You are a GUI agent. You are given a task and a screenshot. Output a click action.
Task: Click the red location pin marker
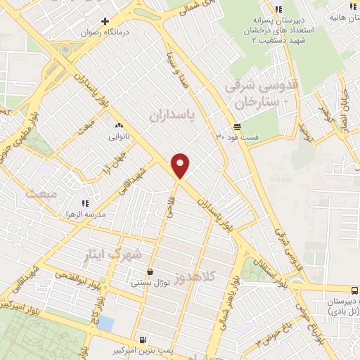[181, 165]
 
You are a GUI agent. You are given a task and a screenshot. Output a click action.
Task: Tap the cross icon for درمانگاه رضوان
[105, 22]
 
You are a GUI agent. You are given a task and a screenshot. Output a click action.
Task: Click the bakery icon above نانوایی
[117, 127]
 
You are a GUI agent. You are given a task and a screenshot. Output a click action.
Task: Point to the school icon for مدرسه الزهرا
[85, 204]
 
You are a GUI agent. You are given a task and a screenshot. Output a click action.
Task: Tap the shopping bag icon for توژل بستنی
[149, 272]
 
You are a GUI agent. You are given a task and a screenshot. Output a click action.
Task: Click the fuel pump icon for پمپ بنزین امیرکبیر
[143, 338]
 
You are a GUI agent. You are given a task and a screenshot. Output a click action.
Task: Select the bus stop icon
[354, 289]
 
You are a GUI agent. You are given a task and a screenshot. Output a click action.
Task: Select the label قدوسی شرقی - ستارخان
[252, 94]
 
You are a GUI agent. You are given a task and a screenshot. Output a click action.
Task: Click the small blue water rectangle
[105, 323]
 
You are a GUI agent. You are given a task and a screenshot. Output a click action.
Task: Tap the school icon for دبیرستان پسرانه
[278, 9]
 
